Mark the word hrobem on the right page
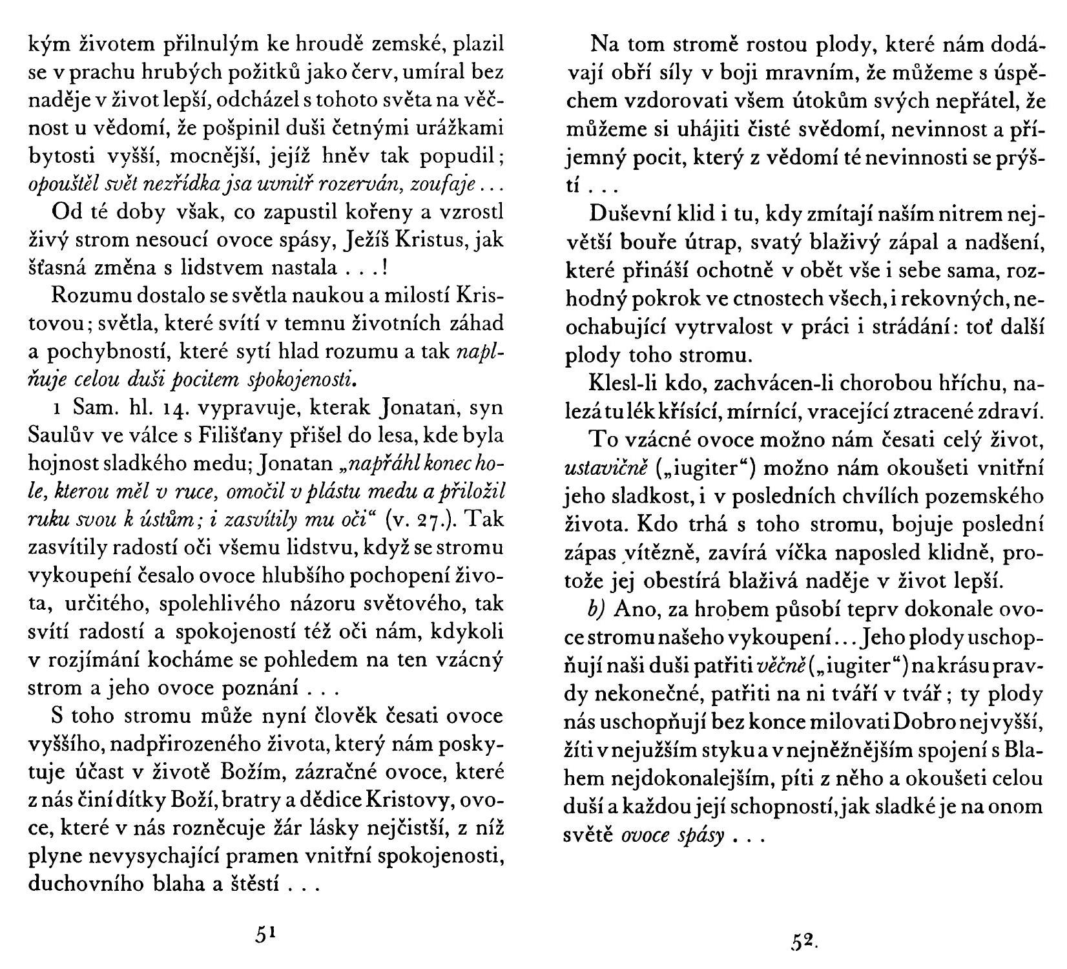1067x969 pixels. [728, 610]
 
